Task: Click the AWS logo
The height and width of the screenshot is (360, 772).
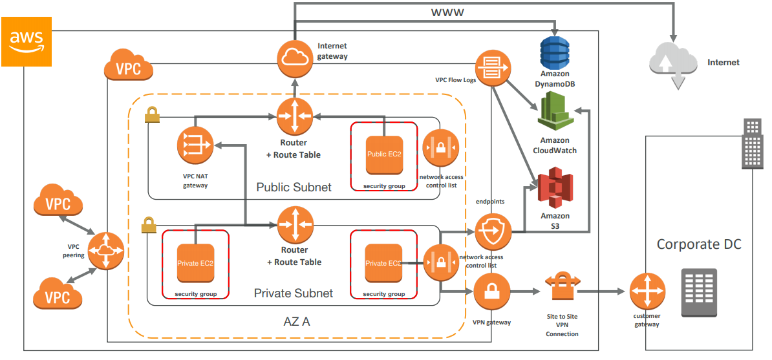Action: click(27, 41)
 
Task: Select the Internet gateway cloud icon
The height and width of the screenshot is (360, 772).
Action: click(295, 58)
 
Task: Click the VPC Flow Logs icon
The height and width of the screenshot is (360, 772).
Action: click(493, 67)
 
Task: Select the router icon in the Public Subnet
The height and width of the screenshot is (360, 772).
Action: click(295, 117)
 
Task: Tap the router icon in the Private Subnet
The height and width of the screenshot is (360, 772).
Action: click(295, 224)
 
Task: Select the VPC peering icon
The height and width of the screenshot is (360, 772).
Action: click(105, 250)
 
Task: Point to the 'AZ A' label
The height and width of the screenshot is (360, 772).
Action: click(297, 321)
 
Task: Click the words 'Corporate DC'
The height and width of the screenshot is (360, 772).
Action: click(698, 244)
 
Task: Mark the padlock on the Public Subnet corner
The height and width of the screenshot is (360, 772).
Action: click(152, 116)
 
